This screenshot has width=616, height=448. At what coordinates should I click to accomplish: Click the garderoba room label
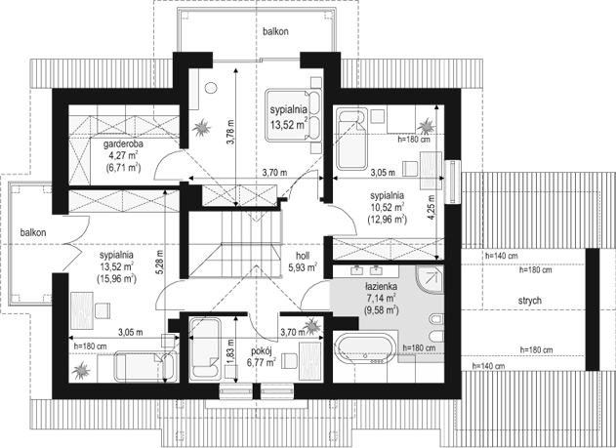point(123,143)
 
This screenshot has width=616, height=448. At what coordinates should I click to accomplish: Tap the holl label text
point(303,256)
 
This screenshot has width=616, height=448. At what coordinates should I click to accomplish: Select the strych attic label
point(529,301)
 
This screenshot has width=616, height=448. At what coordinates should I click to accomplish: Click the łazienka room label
point(381,286)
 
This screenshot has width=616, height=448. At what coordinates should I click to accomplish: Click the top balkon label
point(276,31)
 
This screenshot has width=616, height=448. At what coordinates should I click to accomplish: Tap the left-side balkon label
point(33,232)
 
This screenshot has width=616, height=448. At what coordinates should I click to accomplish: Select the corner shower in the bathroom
point(430,279)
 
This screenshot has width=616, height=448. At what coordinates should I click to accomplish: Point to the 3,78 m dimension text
point(230,132)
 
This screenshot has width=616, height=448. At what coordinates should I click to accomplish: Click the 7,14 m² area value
point(381,298)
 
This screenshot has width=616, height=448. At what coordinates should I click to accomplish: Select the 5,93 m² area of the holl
point(303,267)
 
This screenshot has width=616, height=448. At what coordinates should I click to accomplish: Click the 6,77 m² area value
point(261,362)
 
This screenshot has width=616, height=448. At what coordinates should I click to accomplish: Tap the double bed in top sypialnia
point(293,114)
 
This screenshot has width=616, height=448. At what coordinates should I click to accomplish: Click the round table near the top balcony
point(211,88)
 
